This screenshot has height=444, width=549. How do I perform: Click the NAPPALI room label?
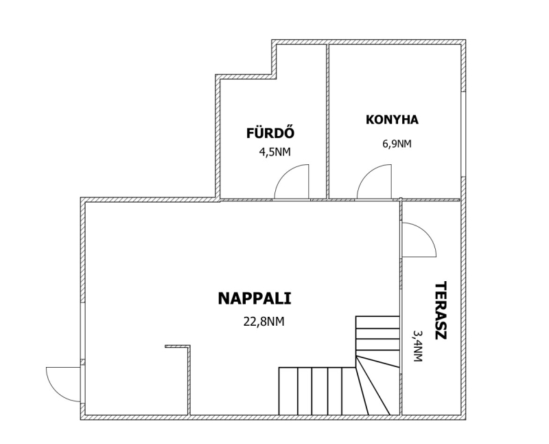pos(255,298)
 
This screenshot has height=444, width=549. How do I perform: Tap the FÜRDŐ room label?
pos(270,133)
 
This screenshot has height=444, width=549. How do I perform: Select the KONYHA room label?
pos(392,120)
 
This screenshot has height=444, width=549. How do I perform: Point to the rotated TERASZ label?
pos(441,311)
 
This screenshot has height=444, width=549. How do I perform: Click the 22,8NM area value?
pos(264,322)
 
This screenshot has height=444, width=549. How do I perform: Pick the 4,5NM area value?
pos(274,152)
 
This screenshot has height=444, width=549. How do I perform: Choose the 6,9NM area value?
pos(397,144)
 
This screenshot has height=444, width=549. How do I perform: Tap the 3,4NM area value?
pos(418,346)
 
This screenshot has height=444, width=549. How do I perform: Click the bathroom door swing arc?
pos(284,175)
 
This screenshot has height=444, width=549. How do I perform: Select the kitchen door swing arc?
pos(367,175)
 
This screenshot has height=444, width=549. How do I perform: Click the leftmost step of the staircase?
pos(288,391)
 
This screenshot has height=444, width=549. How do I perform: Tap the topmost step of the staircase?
pos(377,322)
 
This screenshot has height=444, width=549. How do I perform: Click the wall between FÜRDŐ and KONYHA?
pos(328,122)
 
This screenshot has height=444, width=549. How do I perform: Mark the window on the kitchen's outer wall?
pos(463,134)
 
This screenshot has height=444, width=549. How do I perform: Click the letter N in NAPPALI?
pos(224,298)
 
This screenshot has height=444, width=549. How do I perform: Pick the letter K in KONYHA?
pos(370,120)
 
